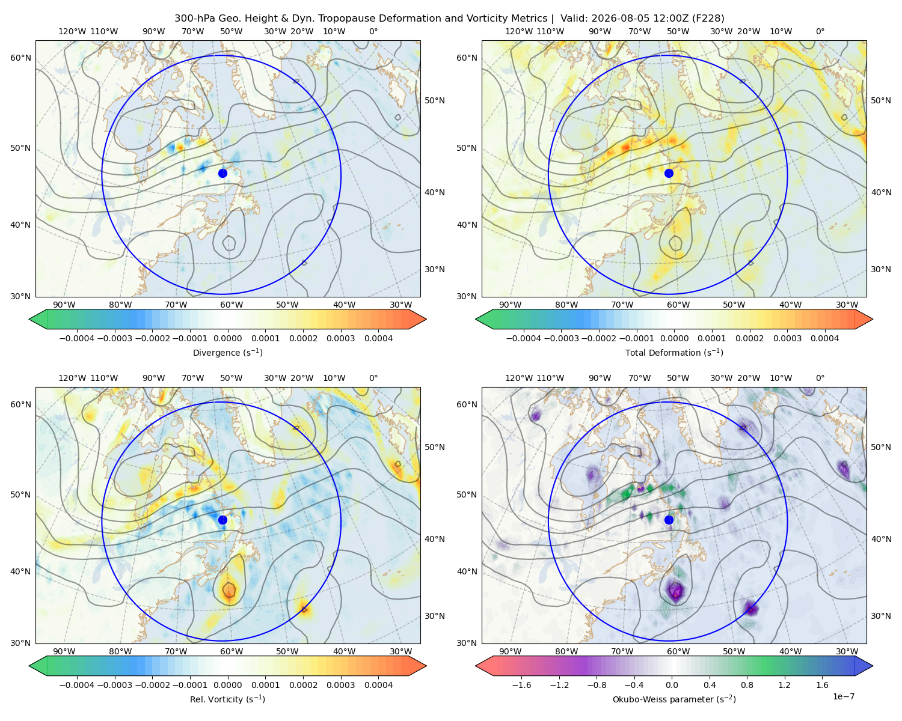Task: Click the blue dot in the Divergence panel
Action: pyautogui.click(x=222, y=173)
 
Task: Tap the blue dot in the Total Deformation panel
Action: pyautogui.click(x=669, y=173)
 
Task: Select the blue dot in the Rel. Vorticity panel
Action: pyautogui.click(x=222, y=520)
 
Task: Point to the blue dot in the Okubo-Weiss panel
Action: pyautogui.click(x=669, y=520)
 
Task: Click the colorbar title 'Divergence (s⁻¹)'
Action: pyautogui.click(x=227, y=352)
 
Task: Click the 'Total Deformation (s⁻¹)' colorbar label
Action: pyautogui.click(x=674, y=352)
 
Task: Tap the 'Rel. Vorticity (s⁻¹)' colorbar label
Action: pyautogui.click(x=227, y=699)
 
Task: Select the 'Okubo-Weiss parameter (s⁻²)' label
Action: pyautogui.click(x=674, y=699)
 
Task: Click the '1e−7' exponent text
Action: pyautogui.click(x=843, y=696)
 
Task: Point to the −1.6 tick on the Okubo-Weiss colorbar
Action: pyautogui.click(x=521, y=685)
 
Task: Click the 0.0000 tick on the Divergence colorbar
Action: pyautogui.click(x=227, y=338)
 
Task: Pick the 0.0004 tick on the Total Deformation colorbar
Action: pyautogui.click(x=824, y=338)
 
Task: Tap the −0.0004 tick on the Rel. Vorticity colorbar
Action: pyautogui.click(x=77, y=685)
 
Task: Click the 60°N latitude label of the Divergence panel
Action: pyautogui.click(x=20, y=58)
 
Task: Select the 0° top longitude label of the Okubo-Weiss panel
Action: pyautogui.click(x=820, y=378)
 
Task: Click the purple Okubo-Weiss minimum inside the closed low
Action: pyautogui.click(x=675, y=591)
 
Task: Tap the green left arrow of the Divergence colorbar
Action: pyautogui.click(x=38, y=319)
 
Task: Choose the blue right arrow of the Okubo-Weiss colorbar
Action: pyautogui.click(x=864, y=666)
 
